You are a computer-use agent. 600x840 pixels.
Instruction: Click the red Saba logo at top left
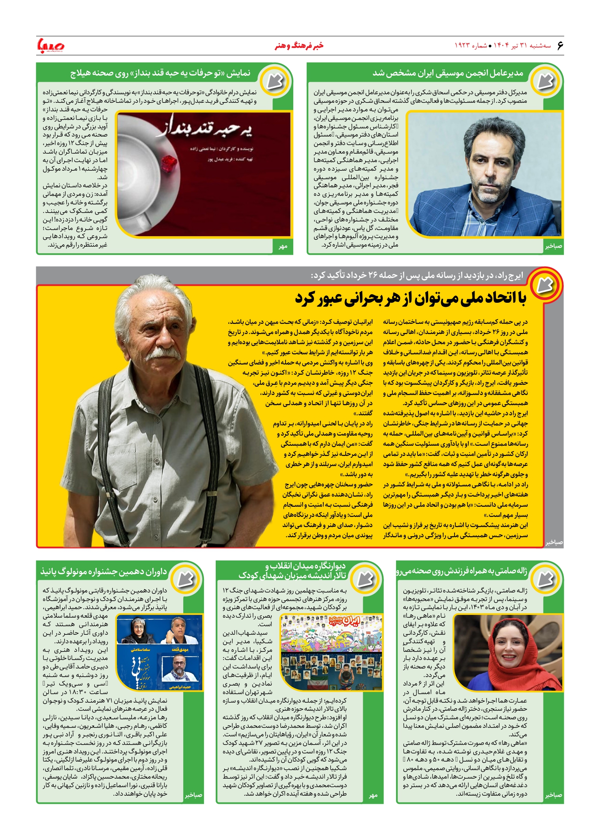click(x=50, y=46)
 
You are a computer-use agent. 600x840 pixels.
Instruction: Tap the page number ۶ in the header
click(x=560, y=46)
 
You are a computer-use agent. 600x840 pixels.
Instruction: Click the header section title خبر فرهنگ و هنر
click(x=299, y=46)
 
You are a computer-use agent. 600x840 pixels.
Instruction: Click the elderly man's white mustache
click(x=163, y=354)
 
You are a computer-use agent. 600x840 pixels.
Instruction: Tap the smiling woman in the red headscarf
click(x=508, y=650)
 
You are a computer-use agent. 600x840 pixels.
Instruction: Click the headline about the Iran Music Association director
click(x=448, y=74)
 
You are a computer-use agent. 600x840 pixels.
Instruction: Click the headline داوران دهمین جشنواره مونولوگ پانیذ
click(x=104, y=572)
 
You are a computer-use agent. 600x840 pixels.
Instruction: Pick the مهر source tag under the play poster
click(x=283, y=246)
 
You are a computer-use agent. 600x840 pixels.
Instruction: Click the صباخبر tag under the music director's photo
click(x=553, y=246)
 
